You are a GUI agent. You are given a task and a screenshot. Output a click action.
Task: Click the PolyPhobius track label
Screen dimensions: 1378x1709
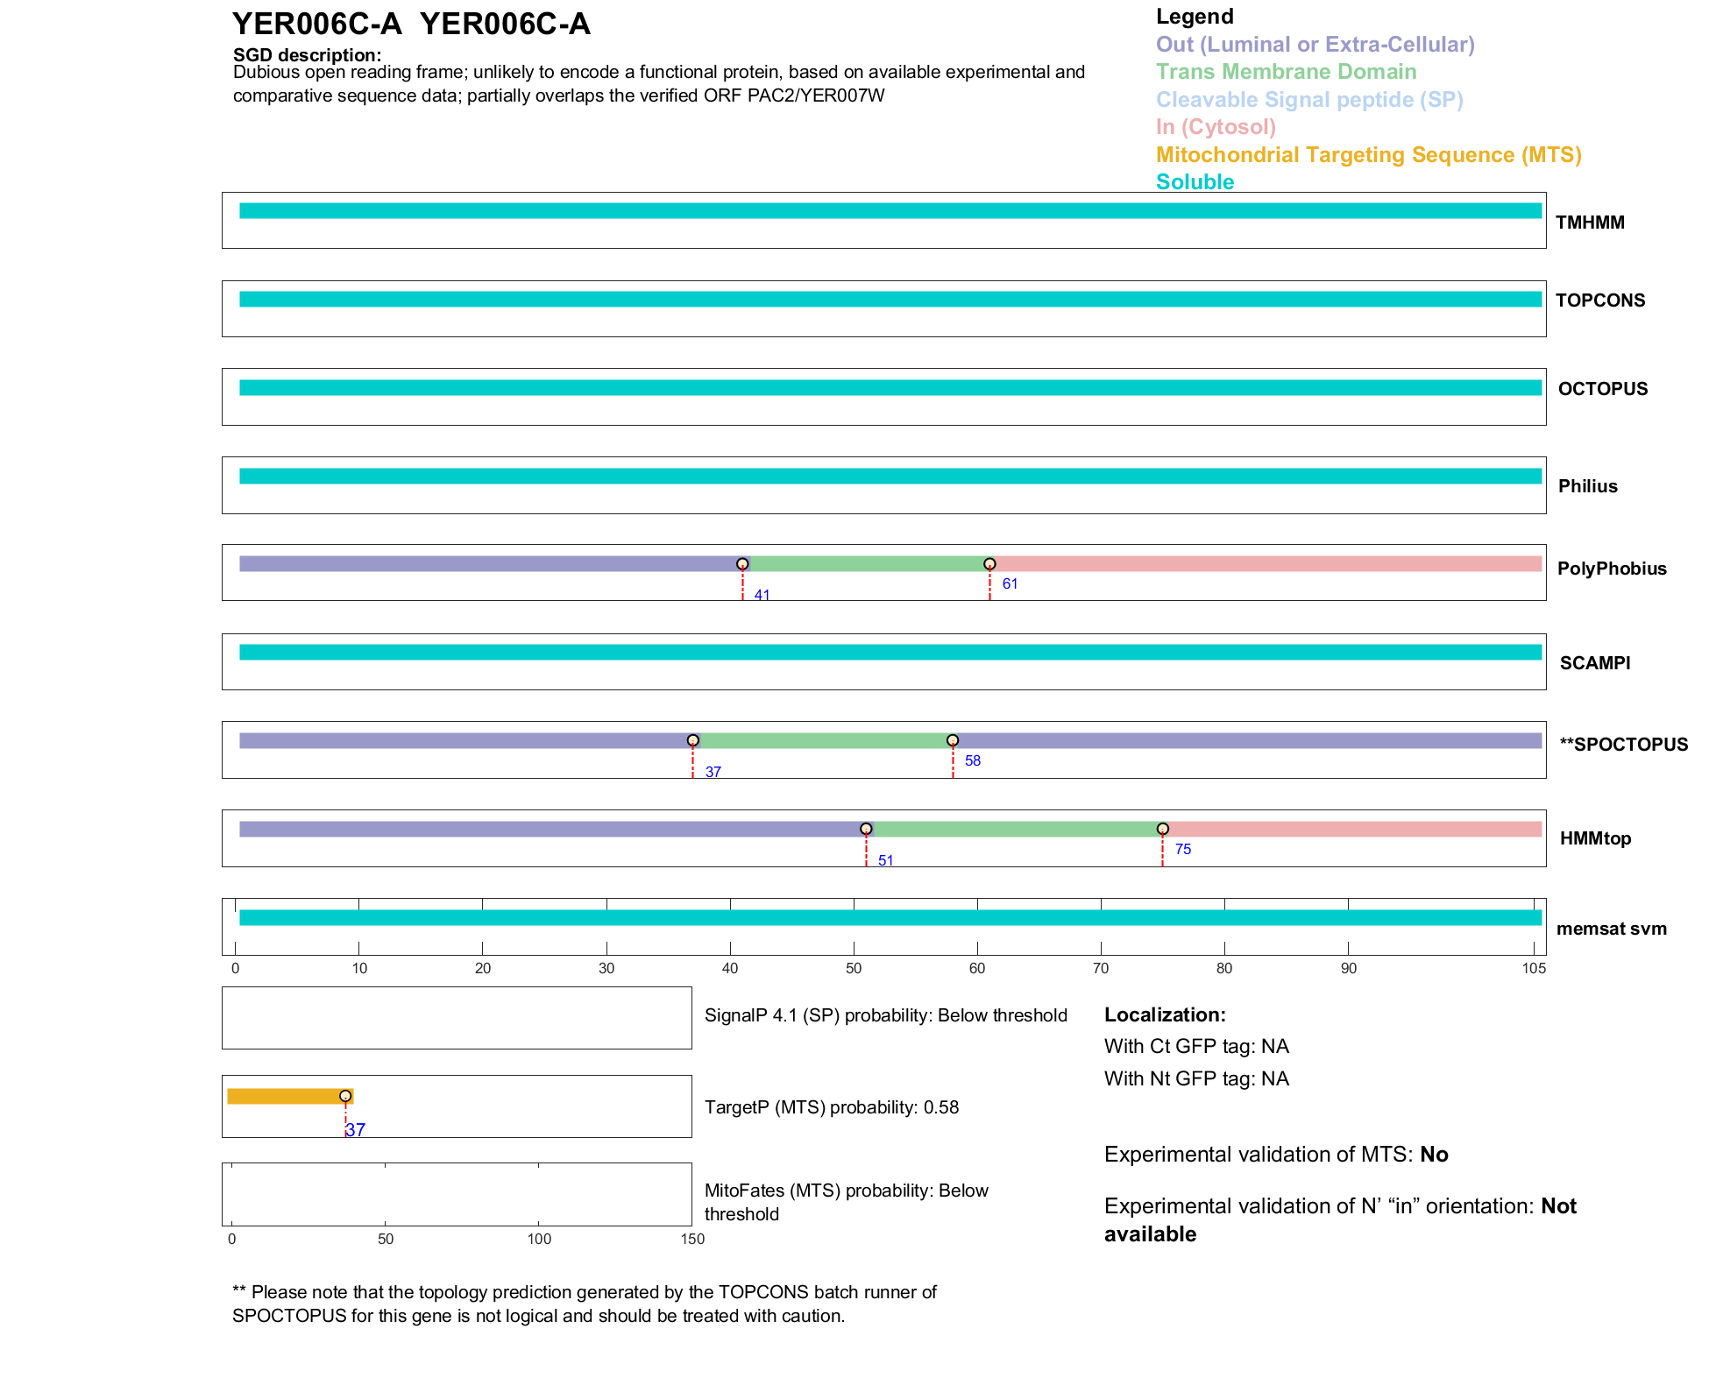[x=1611, y=569]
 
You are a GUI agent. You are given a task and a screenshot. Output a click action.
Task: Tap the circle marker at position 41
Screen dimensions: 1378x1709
[x=742, y=564]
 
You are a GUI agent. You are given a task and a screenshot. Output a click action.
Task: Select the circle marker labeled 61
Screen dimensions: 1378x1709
[x=989, y=564]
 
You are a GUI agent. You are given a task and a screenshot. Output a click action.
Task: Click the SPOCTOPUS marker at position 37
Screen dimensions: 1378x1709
[x=693, y=741]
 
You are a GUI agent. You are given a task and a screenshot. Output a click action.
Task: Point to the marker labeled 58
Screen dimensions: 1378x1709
[x=953, y=741]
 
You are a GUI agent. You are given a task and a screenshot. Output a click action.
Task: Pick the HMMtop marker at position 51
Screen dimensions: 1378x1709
[x=866, y=829]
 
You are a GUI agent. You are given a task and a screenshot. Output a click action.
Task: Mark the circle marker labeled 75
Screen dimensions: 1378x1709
[x=1162, y=829]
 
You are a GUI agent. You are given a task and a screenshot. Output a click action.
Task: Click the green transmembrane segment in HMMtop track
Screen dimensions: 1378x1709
[x=1014, y=830]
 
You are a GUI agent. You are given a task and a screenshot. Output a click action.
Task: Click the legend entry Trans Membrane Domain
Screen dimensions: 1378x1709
[x=1286, y=72]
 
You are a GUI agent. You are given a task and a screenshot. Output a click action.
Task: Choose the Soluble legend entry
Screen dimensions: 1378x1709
[x=1195, y=182]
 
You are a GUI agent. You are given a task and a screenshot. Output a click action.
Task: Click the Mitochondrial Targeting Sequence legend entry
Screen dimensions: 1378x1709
[x=1368, y=155]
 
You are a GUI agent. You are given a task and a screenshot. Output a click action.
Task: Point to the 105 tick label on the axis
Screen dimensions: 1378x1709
[x=1534, y=969]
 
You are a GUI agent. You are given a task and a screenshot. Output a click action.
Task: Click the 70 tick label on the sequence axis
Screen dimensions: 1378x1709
[x=1101, y=969]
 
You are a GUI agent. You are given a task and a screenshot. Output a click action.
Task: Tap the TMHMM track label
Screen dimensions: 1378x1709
[x=1590, y=223]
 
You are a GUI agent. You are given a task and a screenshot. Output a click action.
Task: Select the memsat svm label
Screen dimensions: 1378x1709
[x=1611, y=929]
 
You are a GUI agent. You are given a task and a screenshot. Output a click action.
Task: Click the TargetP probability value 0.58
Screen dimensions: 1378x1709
[x=941, y=1107]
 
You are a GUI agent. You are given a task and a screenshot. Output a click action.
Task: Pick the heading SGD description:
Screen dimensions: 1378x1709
[x=307, y=55]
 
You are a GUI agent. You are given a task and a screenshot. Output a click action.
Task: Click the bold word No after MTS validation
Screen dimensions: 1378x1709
[x=1434, y=1155]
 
